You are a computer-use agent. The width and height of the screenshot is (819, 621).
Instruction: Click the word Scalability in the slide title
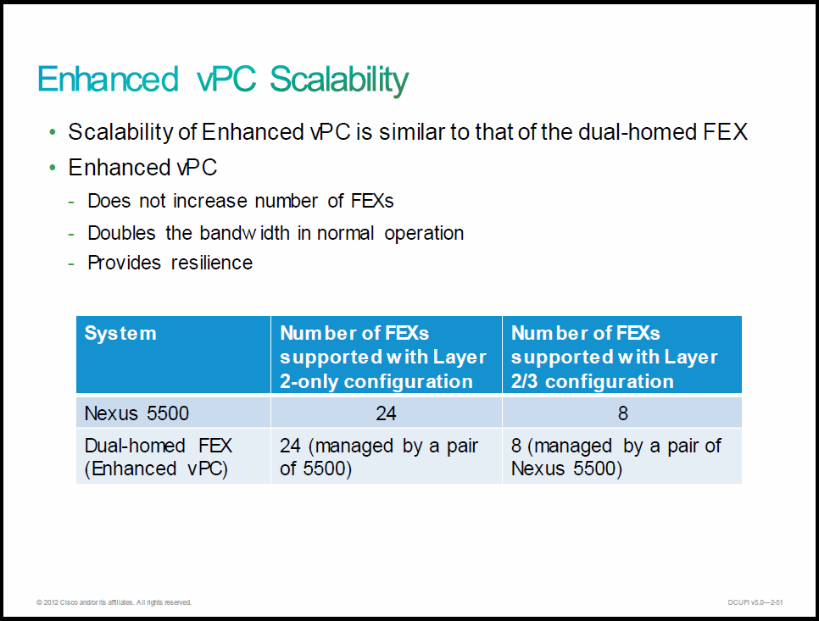pos(339,80)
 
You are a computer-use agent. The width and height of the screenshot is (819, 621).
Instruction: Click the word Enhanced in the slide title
pos(109,80)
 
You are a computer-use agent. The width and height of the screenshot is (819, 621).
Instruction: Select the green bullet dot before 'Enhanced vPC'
pos(53,168)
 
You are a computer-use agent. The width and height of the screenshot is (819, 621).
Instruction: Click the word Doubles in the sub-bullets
pos(122,233)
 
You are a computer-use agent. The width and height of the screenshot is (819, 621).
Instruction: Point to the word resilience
pos(212,263)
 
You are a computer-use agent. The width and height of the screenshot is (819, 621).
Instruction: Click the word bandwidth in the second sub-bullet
pos(244,233)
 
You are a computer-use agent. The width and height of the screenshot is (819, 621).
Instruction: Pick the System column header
pos(120,333)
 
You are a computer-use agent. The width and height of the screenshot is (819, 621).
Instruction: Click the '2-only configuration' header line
pos(376,381)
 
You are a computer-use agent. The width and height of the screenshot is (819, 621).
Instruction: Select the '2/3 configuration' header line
pos(593,381)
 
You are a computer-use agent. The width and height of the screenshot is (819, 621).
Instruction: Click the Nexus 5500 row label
pos(136,413)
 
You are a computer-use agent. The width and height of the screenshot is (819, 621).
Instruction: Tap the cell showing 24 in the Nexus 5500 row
pos(386,413)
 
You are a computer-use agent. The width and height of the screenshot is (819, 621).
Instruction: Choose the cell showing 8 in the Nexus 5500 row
pos(622,413)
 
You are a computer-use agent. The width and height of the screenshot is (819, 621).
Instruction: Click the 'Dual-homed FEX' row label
pos(159,446)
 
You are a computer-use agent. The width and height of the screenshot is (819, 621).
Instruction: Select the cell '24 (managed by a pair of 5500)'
pos(379,457)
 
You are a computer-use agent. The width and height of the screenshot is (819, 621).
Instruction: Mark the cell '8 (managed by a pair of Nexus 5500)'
pos(616,457)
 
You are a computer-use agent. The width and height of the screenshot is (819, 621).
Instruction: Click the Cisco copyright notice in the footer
pos(114,602)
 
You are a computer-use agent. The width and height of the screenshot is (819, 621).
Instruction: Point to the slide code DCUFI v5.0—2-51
pos(755,602)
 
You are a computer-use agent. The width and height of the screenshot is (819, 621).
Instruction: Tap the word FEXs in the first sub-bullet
pos(372,201)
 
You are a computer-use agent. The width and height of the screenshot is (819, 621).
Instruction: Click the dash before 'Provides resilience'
pos(71,264)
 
